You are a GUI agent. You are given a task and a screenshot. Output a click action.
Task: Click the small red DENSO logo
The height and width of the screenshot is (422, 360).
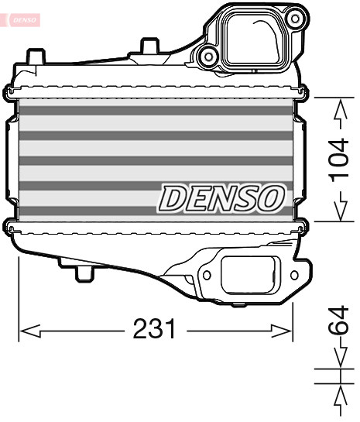pos(22,19)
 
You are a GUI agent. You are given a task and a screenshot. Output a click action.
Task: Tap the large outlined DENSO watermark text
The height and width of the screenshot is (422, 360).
pos(221,198)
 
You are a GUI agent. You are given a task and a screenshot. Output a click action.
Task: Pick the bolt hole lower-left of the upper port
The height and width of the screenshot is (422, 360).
pos(207,55)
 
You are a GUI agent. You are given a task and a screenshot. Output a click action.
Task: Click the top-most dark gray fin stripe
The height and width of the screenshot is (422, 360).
pos(155,111)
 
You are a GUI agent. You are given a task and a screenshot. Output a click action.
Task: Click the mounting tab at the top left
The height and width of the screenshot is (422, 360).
pos(36,57)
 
